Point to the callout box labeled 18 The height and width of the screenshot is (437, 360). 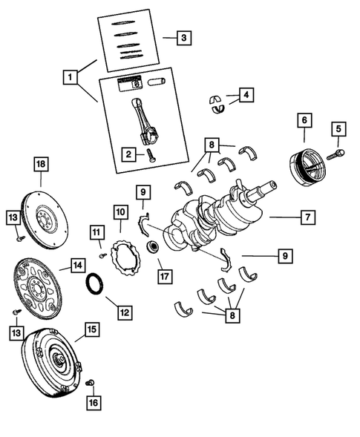click(x=40, y=163)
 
